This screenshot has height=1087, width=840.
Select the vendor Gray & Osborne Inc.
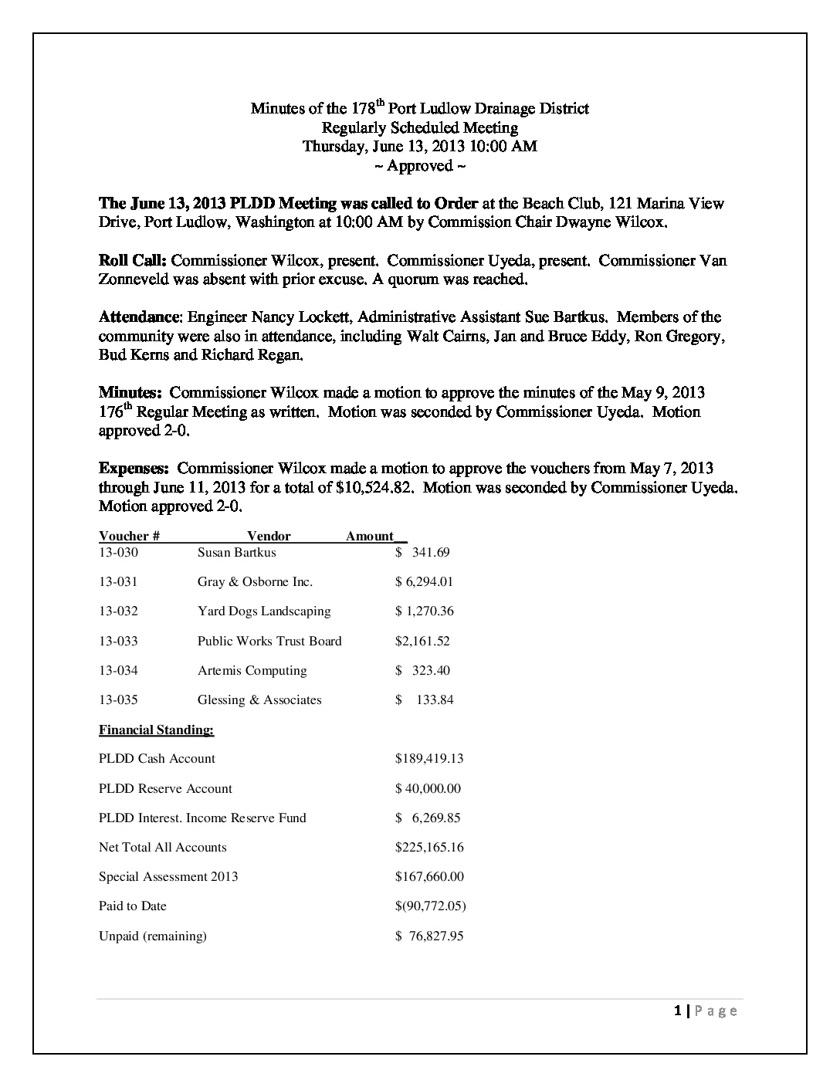pos(255,582)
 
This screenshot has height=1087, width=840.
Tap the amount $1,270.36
pos(424,611)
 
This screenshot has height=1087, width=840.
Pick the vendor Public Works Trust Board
pos(269,641)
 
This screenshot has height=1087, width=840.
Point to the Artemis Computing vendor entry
pos(252,670)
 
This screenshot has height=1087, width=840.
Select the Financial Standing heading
pos(156,730)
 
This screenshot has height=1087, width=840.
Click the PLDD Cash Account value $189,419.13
pos(429,759)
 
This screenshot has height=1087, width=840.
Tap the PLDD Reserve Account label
pos(165,788)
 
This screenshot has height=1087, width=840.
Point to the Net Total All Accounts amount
pos(429,847)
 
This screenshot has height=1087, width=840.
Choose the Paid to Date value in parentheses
pos(430,906)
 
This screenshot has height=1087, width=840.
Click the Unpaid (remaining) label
pos(153,936)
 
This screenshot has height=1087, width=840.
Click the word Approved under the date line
pos(420,166)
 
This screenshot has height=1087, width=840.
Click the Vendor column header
pos(269,536)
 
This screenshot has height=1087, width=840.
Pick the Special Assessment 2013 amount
pos(429,876)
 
